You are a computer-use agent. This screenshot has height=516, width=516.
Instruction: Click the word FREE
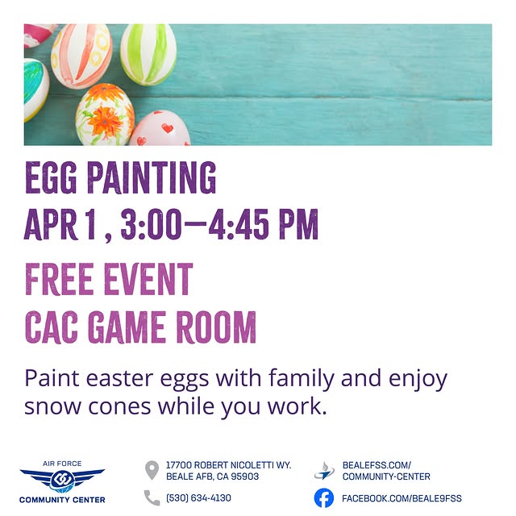click(x=60, y=280)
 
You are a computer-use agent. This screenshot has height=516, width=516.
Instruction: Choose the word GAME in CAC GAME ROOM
click(x=128, y=327)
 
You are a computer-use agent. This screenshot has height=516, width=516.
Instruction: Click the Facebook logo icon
click(x=323, y=497)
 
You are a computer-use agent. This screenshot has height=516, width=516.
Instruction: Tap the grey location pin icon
click(x=151, y=470)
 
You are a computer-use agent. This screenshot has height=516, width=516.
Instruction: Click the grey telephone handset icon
click(x=152, y=497)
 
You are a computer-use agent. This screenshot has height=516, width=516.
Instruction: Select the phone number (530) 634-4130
click(x=198, y=498)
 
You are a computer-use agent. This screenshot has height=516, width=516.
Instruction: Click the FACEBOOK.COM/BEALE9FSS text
click(x=402, y=498)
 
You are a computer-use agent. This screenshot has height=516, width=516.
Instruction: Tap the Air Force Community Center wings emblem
click(x=62, y=481)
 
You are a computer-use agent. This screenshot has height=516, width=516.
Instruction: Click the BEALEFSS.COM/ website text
click(x=377, y=465)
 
